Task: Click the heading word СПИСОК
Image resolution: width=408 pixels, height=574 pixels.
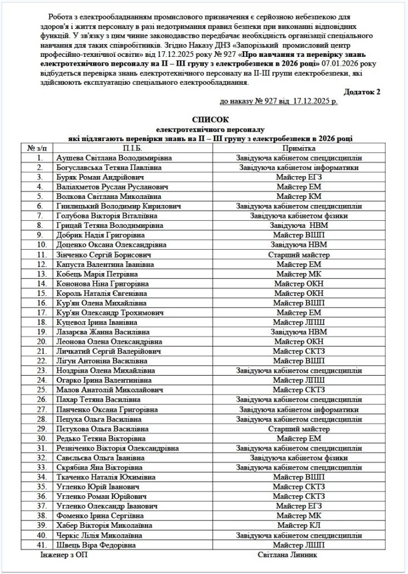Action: point(210,120)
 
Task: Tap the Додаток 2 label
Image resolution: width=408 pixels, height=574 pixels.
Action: point(362,91)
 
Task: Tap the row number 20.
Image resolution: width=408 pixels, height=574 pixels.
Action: point(40,341)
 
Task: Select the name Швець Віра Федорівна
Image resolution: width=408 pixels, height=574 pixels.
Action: point(96,544)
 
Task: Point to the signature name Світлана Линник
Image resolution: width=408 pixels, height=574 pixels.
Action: point(287,555)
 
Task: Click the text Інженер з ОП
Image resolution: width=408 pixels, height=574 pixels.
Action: point(64,555)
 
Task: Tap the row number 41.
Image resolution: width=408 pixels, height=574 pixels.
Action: point(40,544)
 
